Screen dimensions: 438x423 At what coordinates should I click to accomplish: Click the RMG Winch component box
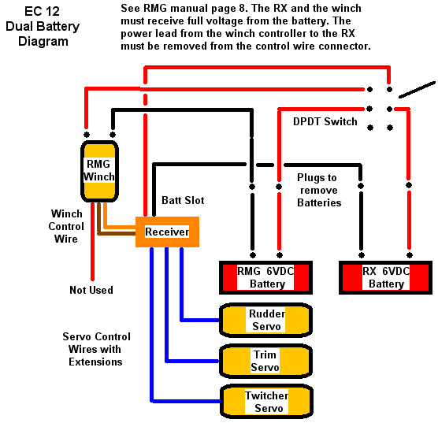click(99, 171)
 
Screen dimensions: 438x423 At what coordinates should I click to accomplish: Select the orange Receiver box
click(167, 232)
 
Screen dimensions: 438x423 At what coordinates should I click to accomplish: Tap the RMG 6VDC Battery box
click(265, 278)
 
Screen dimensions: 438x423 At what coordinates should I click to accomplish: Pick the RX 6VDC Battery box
click(385, 278)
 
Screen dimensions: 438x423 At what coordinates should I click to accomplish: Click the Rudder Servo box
click(265, 320)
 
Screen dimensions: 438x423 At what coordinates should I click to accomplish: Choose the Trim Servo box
click(265, 361)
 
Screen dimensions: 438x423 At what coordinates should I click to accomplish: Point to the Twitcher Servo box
click(266, 402)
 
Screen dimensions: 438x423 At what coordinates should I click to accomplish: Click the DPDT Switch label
click(325, 122)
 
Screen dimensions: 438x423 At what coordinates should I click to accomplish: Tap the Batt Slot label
click(183, 200)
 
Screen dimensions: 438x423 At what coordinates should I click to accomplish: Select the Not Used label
click(91, 290)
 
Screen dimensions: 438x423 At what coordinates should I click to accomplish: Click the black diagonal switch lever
click(417, 90)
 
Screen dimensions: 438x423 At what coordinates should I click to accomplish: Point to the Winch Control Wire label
click(66, 226)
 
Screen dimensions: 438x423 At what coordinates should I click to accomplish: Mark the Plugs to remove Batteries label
click(319, 190)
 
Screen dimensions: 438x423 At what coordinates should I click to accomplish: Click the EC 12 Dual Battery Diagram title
click(43, 26)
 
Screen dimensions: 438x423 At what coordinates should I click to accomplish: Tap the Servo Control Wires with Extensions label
click(96, 349)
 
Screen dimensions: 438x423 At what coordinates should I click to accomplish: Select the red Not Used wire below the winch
click(92, 241)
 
